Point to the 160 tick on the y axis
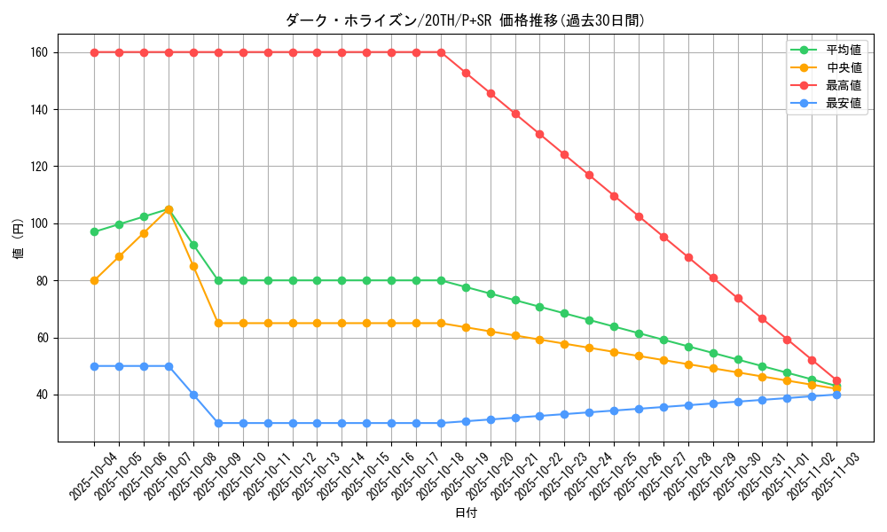coord(39,52)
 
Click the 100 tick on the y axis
coord(39,223)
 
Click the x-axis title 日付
coord(466,513)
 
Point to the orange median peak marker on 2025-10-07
coord(169,210)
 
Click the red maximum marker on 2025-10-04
coord(94,52)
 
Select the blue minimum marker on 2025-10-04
coord(94,366)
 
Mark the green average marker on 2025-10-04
coord(94,231)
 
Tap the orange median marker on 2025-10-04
coord(94,280)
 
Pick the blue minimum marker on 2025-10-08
coord(193,395)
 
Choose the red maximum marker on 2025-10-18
coord(441,52)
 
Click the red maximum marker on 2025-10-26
coord(639,216)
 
